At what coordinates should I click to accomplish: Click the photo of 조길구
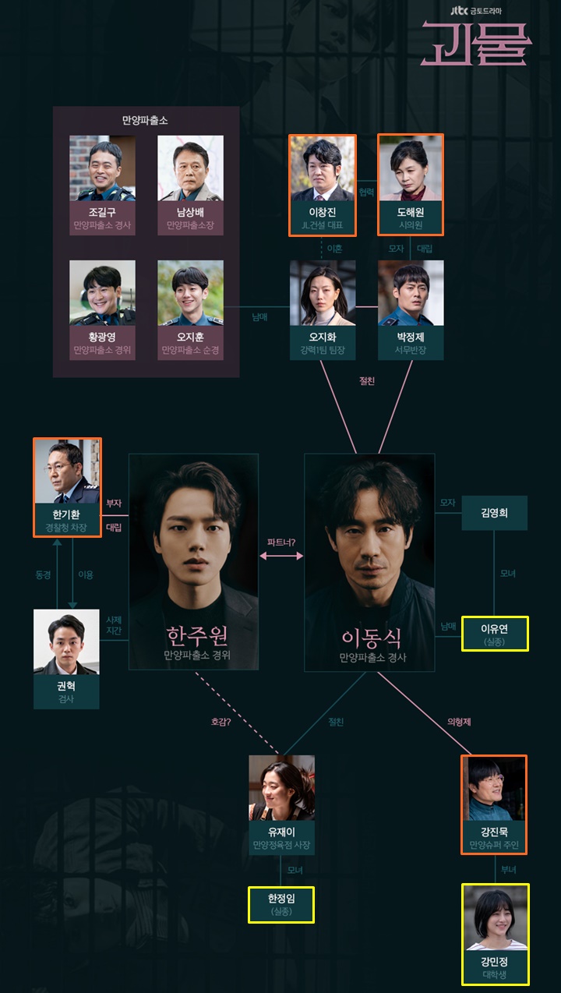tap(102, 168)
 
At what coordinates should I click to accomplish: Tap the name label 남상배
tap(190, 212)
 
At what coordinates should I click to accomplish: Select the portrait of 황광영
tap(102, 293)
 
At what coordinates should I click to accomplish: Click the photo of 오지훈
tap(190, 293)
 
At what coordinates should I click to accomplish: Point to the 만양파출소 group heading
tap(146, 121)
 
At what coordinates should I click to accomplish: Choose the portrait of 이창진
tap(323, 169)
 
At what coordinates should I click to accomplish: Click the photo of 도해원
tap(411, 168)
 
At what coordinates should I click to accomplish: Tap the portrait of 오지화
tap(323, 293)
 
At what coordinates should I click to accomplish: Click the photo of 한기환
tap(67, 472)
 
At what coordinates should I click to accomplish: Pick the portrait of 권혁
tap(67, 641)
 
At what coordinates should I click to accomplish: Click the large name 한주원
tap(193, 636)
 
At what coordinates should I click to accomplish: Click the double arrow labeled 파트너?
tap(281, 556)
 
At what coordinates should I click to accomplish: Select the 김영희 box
tap(495, 514)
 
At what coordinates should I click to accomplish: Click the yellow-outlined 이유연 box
tap(495, 633)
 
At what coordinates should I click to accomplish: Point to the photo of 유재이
tap(281, 787)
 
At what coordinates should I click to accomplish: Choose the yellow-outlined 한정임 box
tap(281, 904)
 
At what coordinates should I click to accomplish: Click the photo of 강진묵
tap(494, 788)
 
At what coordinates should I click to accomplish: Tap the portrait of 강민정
tap(495, 917)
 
